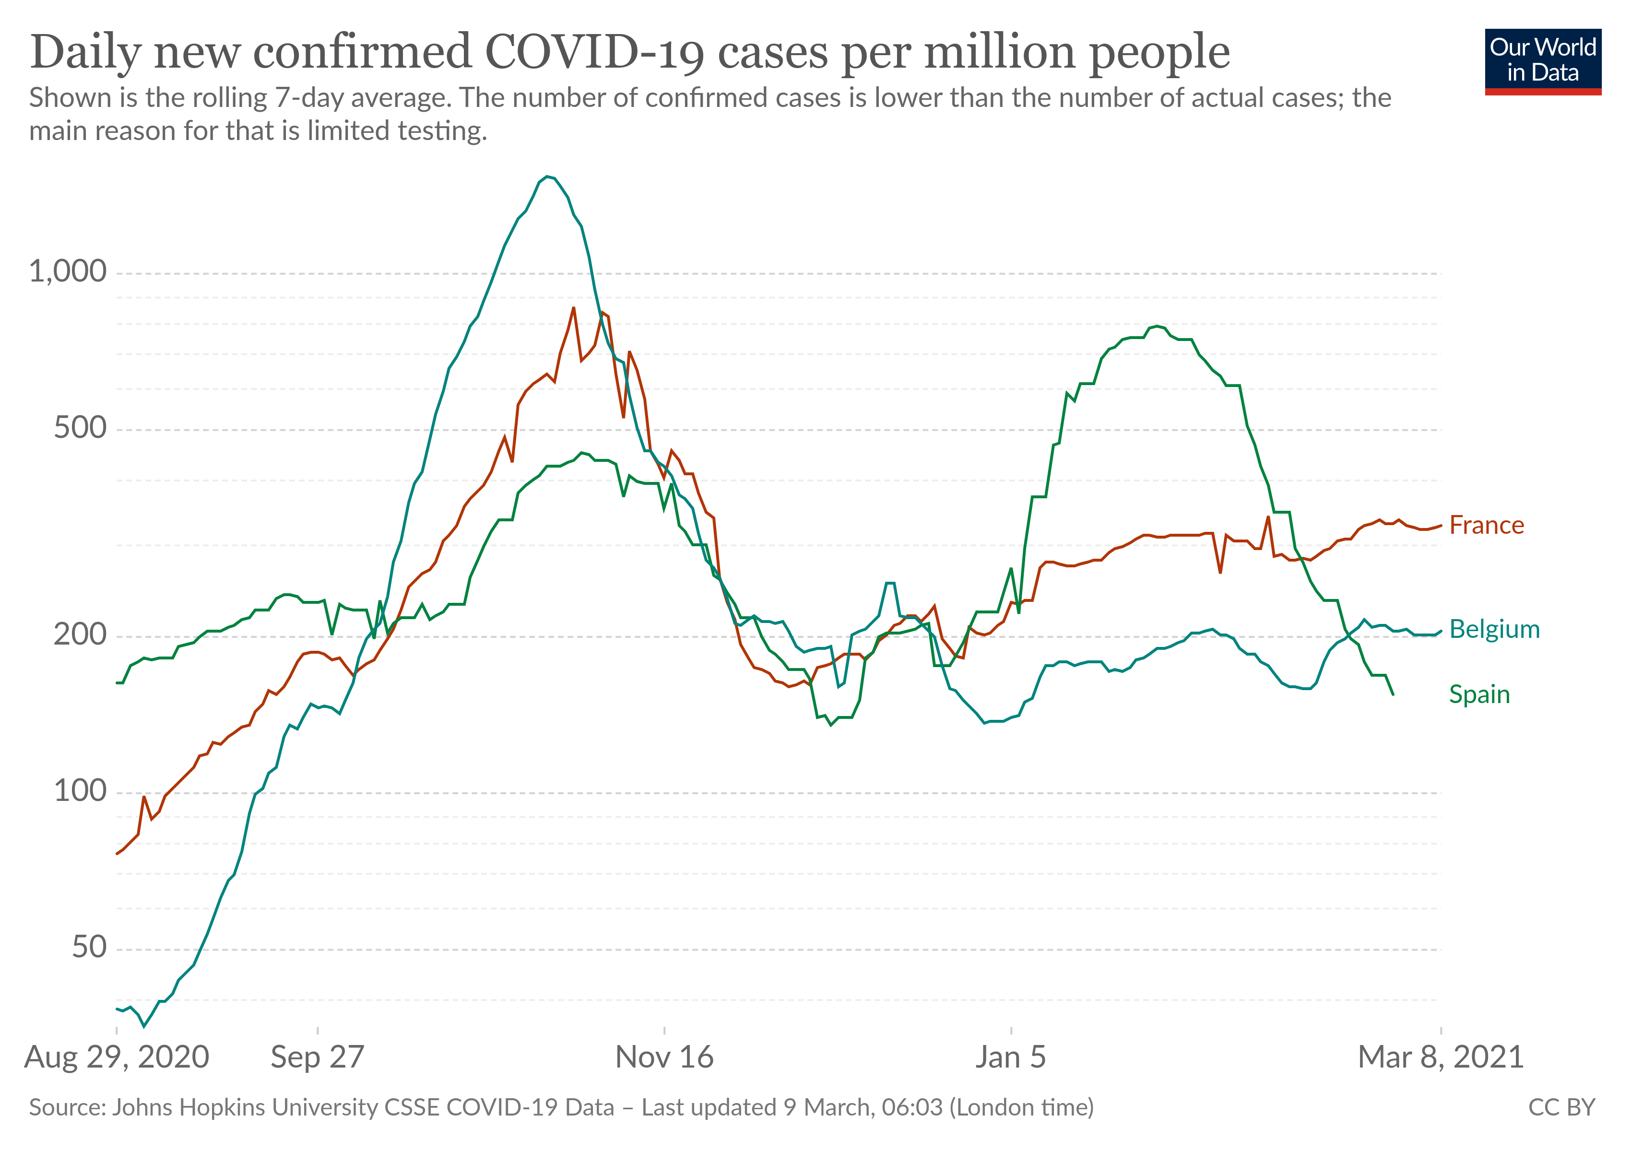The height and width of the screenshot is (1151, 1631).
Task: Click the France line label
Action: pos(1486,526)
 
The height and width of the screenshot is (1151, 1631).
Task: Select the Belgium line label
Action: pos(1494,629)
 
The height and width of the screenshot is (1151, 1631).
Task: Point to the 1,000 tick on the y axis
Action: pos(68,271)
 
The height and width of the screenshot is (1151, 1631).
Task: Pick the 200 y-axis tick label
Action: pos(80,634)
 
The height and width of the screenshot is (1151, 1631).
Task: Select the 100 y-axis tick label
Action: pos(80,790)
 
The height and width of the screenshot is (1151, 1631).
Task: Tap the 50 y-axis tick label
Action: pos(89,947)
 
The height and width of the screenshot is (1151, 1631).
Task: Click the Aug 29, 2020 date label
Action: pos(117,1057)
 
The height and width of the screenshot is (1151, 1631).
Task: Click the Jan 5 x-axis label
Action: pos(1010,1057)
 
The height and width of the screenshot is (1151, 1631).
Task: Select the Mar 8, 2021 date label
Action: pos(1440,1057)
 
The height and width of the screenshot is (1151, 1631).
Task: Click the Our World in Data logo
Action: pos(1542,61)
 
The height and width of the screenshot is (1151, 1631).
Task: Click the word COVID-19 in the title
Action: pos(594,52)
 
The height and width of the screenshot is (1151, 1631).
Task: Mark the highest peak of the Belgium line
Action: pos(546,177)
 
